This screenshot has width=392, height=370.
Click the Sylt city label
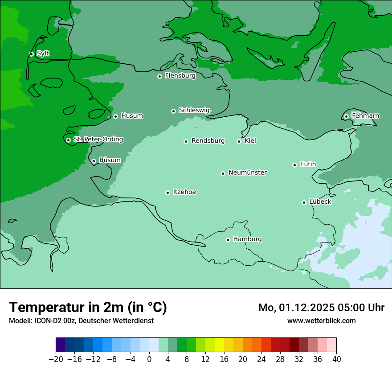pos(43,53)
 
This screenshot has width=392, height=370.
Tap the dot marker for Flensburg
pos(159,76)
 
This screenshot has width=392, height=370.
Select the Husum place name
pos(132,116)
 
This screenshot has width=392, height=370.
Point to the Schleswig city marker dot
pos(173,111)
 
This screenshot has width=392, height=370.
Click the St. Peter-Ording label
pos(98,140)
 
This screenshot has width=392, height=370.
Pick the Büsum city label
pos(110,160)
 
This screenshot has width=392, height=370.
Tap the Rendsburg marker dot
pos(186,141)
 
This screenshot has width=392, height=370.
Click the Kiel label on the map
pos(250,141)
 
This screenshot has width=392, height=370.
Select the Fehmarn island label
pos(365,116)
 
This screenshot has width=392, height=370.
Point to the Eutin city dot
pos(294,165)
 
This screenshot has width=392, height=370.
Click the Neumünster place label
pos(248,173)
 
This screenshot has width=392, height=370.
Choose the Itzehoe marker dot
pos(167,193)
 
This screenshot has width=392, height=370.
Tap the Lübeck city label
pos(320,201)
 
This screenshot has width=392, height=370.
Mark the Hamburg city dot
pos(228,240)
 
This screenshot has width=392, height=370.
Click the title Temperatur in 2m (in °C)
pos(88,307)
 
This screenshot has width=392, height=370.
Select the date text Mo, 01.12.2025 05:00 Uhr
pos(321,308)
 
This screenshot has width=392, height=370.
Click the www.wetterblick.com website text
pos(321,321)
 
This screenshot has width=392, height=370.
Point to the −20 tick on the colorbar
pos(56,359)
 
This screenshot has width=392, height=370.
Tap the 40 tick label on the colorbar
pos(336,359)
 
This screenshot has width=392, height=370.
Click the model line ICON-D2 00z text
pos(81,321)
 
